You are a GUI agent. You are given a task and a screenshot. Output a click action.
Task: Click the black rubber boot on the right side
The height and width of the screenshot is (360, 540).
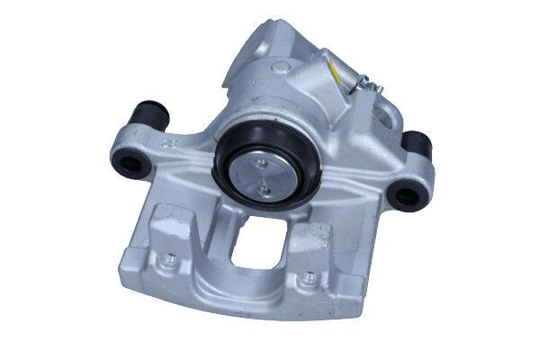pyautogui.click(x=416, y=142)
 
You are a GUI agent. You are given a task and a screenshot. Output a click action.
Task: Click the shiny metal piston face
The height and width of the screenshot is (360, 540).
pyautogui.click(x=263, y=175)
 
